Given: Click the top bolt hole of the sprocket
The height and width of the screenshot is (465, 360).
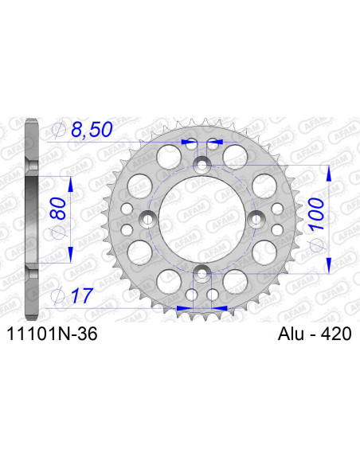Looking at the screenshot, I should [202, 164].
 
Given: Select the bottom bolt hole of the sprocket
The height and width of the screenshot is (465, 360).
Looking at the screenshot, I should [202, 274].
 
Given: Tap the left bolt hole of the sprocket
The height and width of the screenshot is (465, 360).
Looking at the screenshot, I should [147, 219].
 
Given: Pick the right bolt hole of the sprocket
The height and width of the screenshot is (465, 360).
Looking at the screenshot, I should [256, 219].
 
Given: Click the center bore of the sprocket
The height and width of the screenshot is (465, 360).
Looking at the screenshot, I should [202, 219].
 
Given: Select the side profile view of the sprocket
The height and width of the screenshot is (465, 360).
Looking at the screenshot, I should [30, 219].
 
